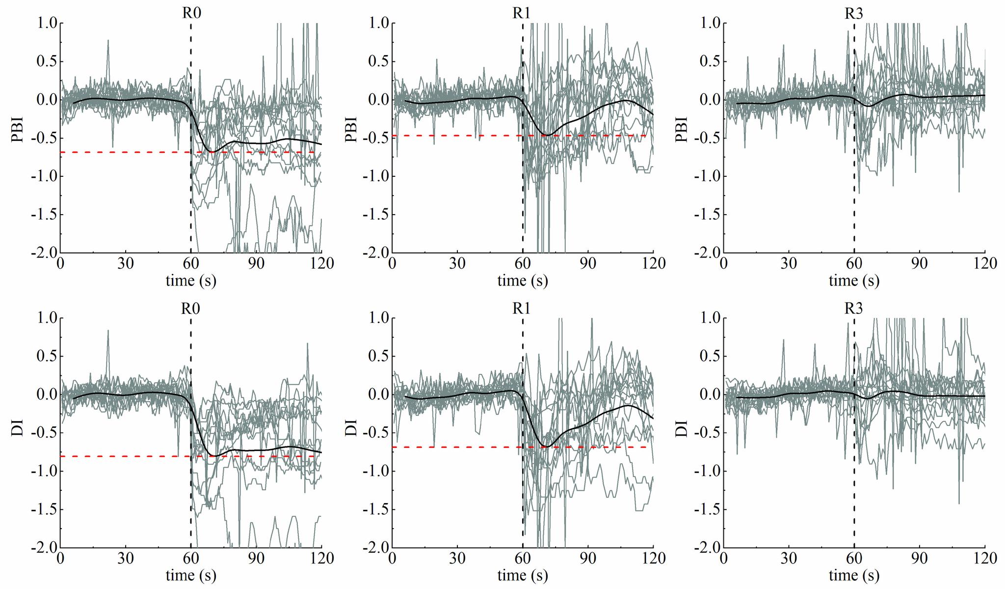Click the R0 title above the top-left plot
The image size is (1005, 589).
point(191,13)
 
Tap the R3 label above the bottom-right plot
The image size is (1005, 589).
point(853,309)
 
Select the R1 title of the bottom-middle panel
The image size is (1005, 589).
point(522,309)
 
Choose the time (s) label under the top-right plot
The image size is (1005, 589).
point(854,281)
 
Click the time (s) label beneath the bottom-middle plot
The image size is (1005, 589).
point(522,575)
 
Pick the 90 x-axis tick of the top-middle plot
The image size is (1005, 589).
point(588,264)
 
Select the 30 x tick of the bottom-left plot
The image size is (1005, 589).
point(126,559)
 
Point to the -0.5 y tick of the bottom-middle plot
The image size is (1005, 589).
point(375,433)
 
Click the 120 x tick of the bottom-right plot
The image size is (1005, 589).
point(984,559)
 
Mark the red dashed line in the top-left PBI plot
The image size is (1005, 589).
point(123,152)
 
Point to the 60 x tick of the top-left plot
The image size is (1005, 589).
point(191,264)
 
